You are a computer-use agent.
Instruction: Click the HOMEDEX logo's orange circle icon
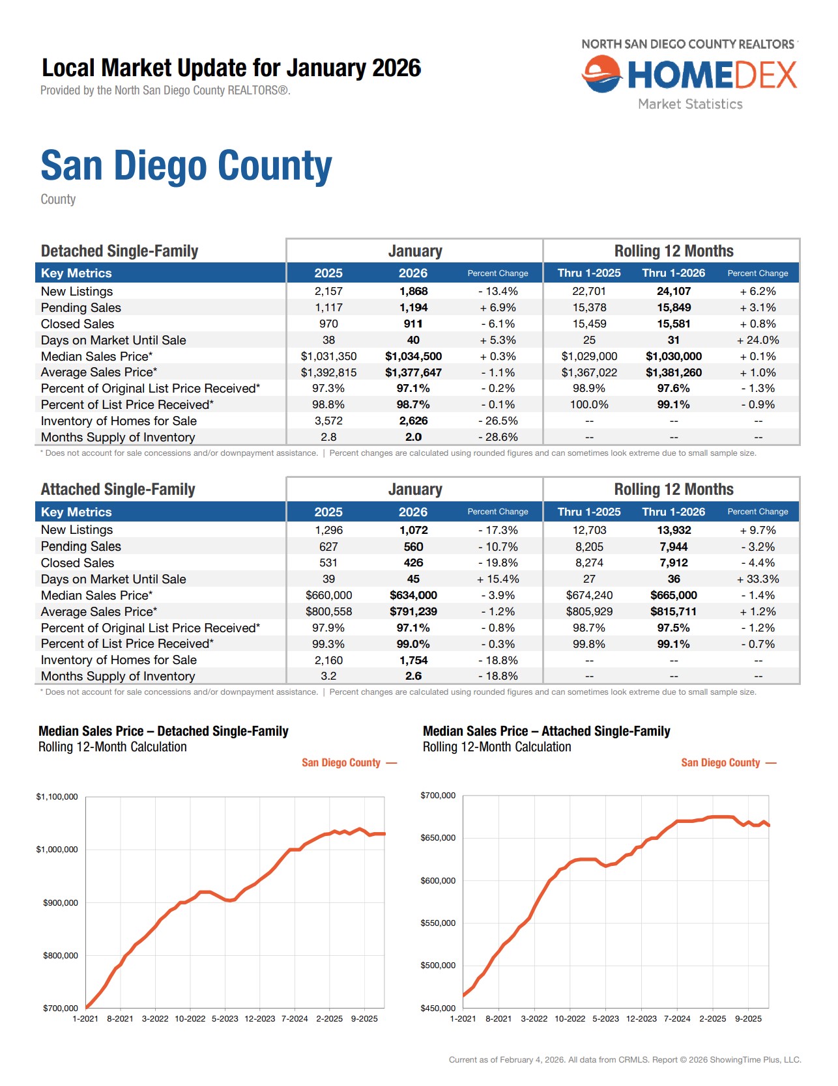[601, 74]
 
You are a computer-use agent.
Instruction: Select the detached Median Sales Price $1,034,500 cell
[413, 356]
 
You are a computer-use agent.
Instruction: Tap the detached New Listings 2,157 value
[328, 291]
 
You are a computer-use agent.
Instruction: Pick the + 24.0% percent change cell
[758, 340]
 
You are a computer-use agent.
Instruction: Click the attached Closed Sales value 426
[413, 563]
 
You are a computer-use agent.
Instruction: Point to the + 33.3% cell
[758, 579]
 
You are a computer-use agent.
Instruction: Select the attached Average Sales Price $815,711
[673, 611]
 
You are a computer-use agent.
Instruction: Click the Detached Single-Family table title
[119, 251]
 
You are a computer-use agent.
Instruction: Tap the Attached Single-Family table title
[118, 490]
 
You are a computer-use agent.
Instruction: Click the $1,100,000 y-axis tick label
[57, 796]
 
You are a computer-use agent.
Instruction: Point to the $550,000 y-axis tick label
[438, 923]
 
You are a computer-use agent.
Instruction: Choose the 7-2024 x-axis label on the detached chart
[295, 1018]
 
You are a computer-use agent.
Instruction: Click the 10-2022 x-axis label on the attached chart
[570, 1018]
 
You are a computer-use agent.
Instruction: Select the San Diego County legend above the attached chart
[720, 762]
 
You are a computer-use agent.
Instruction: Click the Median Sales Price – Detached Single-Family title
[163, 731]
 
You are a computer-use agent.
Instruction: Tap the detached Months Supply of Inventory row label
[118, 438]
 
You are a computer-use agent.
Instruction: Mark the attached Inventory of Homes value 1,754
[413, 660]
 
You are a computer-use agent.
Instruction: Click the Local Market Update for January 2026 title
[231, 68]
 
